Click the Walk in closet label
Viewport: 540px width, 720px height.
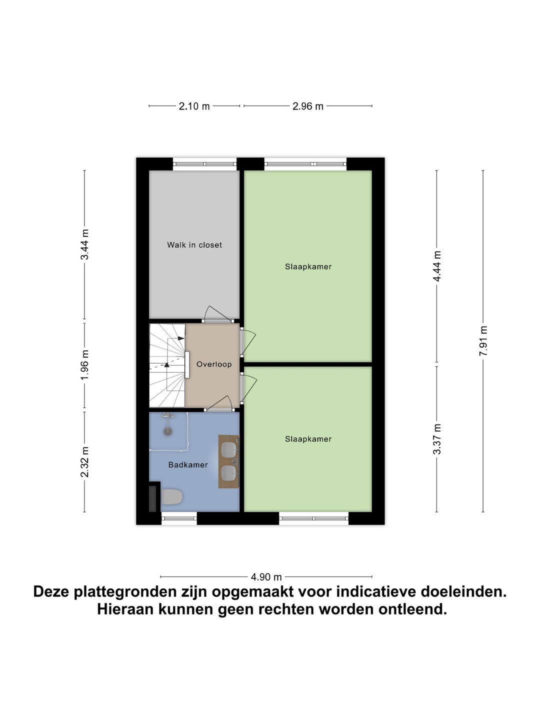(x=194, y=245)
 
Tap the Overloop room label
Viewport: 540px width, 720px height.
(x=214, y=364)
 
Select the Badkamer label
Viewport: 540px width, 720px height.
(x=188, y=464)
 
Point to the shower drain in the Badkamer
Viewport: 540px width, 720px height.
(x=168, y=429)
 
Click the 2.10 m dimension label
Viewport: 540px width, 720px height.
(x=194, y=106)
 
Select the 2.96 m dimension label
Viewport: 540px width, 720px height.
(x=308, y=106)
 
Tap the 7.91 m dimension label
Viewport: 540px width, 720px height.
(x=483, y=341)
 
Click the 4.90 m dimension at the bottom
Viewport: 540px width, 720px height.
(x=266, y=576)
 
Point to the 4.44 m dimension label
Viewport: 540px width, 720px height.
(x=437, y=266)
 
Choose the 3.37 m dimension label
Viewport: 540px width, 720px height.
(x=437, y=439)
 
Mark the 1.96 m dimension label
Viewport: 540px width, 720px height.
(x=84, y=364)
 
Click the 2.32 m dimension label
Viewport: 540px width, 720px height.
(x=84, y=462)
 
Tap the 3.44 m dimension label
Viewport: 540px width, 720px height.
(x=84, y=244)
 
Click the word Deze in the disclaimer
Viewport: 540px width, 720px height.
(x=51, y=592)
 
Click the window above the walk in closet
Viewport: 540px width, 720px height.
(x=204, y=163)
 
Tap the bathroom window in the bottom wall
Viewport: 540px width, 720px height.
(x=179, y=518)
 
